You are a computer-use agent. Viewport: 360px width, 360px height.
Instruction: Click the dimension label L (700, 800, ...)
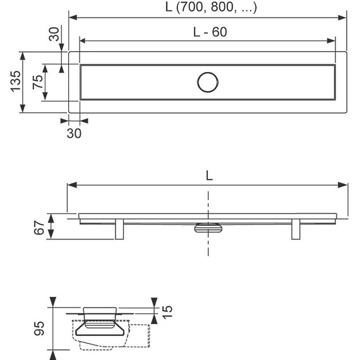pos(211,7)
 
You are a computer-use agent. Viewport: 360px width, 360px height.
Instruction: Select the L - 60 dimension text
pos(210,32)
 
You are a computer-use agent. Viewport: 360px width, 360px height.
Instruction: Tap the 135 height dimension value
pos(16,81)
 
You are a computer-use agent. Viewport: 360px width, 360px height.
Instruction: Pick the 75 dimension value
pos(38,82)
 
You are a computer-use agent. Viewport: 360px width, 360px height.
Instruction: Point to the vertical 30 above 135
pos(54,34)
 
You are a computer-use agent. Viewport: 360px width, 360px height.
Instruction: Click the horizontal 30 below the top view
pos(74,133)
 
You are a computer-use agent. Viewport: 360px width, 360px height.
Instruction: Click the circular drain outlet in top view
pos(208,82)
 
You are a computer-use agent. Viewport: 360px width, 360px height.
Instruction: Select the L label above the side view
pos(209,176)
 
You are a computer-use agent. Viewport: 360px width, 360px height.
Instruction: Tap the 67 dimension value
pos(39,227)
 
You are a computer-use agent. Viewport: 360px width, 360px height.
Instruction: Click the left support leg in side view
pos(119,229)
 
